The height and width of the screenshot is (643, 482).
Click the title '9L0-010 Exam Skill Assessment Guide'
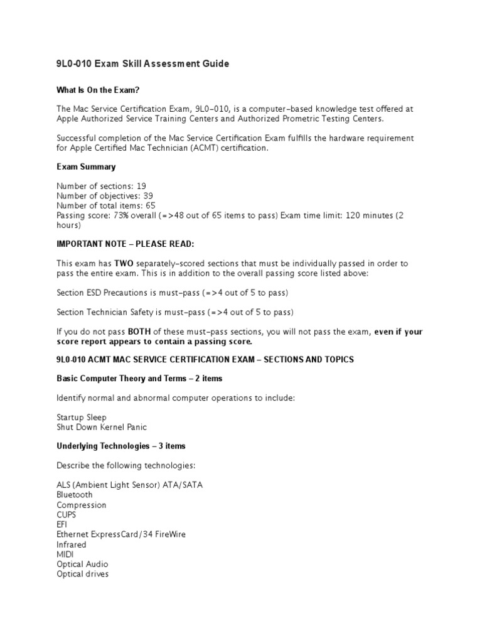tap(143, 63)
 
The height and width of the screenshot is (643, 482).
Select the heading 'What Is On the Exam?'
tap(98, 90)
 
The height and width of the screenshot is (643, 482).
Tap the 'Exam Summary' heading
tap(86, 167)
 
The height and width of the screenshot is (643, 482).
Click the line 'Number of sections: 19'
tap(101, 186)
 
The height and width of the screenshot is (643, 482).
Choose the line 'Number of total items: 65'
tap(106, 205)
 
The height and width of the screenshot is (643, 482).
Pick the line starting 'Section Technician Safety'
tap(175, 312)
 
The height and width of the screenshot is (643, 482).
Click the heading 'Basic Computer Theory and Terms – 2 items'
tap(139, 379)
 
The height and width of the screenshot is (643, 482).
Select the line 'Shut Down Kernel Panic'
tap(102, 427)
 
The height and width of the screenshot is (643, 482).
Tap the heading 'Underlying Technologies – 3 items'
tap(121, 446)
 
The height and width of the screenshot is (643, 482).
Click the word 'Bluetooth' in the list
tap(75, 495)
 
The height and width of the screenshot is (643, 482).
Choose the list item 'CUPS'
tap(67, 514)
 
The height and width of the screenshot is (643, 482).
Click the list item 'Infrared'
tap(72, 544)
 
